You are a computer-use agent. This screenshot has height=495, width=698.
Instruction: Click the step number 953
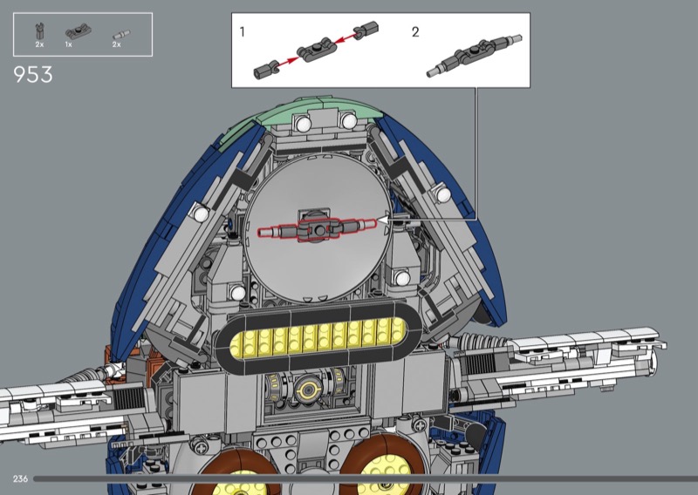coord(33,75)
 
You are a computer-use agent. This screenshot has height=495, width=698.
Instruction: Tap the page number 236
coord(20,478)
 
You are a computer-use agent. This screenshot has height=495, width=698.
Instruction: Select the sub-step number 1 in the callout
coord(243,32)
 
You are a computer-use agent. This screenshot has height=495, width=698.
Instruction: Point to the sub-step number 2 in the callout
coord(415,32)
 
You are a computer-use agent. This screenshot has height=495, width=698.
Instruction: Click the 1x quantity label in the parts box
coord(69,44)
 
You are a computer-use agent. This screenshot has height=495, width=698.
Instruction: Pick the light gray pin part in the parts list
coord(121,35)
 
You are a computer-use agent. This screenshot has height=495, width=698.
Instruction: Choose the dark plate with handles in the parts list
coord(79,32)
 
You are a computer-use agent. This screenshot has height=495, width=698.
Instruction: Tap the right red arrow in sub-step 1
coord(346,37)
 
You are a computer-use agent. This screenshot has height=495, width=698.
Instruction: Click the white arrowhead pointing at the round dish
coord(383,220)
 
